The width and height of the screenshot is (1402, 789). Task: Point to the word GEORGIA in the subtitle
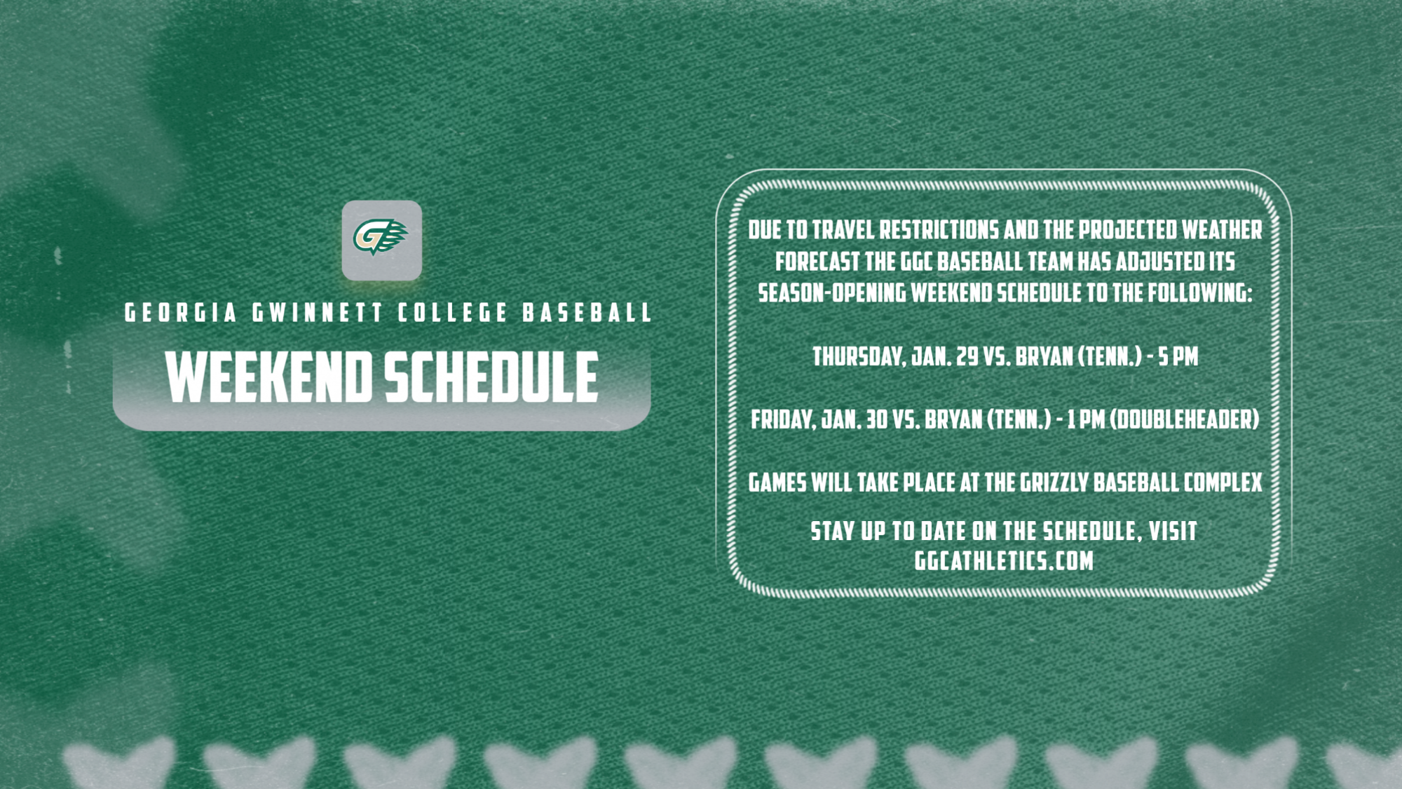pyautogui.click(x=181, y=313)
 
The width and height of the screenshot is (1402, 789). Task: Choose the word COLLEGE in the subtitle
pyautogui.click(x=453, y=313)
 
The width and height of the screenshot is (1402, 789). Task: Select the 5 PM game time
pyautogui.click(x=1178, y=357)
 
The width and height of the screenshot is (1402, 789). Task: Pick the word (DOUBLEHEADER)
pyautogui.click(x=1185, y=420)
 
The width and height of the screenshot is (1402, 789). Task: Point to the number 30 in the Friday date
pyautogui.click(x=876, y=420)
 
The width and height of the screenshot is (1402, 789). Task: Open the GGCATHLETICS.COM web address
pyautogui.click(x=1004, y=561)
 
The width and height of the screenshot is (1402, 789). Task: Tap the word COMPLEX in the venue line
pyautogui.click(x=1223, y=483)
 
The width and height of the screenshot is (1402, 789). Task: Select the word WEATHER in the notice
pyautogui.click(x=1222, y=230)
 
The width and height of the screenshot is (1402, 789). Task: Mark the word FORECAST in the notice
pyautogui.click(x=817, y=262)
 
